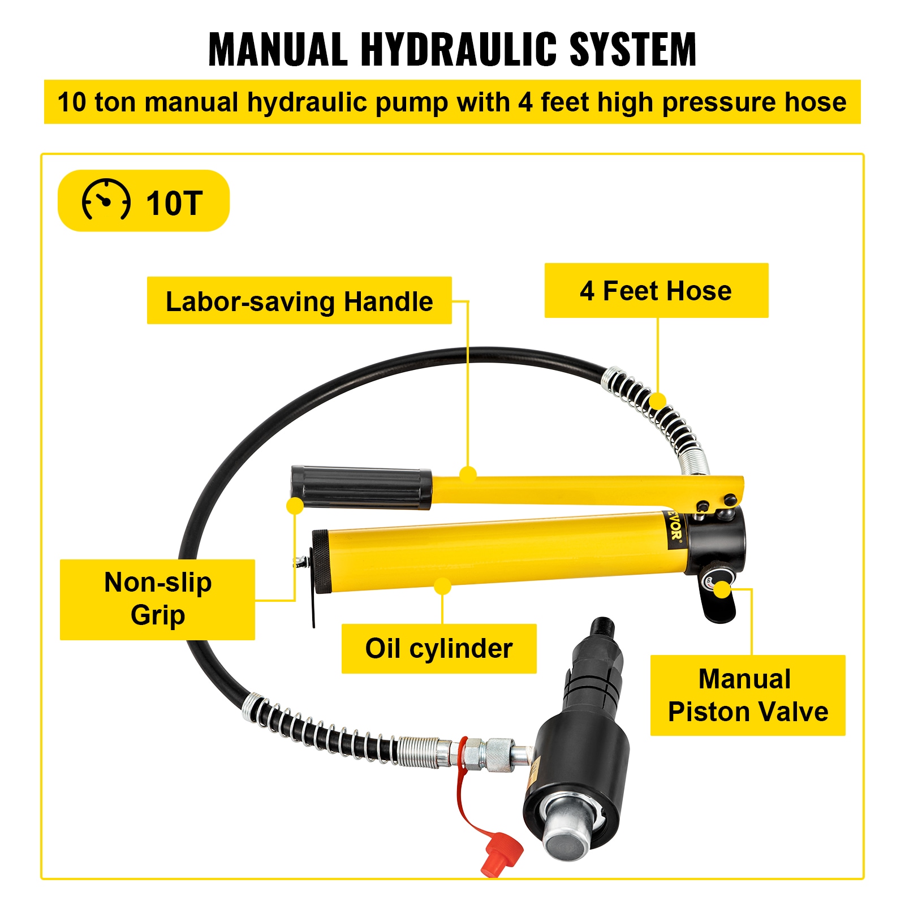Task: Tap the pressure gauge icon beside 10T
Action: [x=106, y=200]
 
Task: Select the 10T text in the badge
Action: [x=174, y=203]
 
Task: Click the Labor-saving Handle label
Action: [x=299, y=301]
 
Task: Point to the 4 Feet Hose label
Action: [x=656, y=291]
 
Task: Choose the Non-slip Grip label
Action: [x=158, y=599]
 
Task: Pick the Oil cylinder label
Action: [x=439, y=648]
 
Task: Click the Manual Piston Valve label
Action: [x=748, y=695]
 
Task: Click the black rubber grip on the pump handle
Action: [x=362, y=487]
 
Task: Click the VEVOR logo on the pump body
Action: [x=674, y=528]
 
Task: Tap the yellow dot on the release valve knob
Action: [x=722, y=589]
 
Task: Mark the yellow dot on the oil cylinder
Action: [x=443, y=586]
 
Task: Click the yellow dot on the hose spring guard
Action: [x=657, y=401]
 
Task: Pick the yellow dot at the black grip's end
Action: [x=295, y=506]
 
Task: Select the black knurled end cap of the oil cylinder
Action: [x=321, y=562]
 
